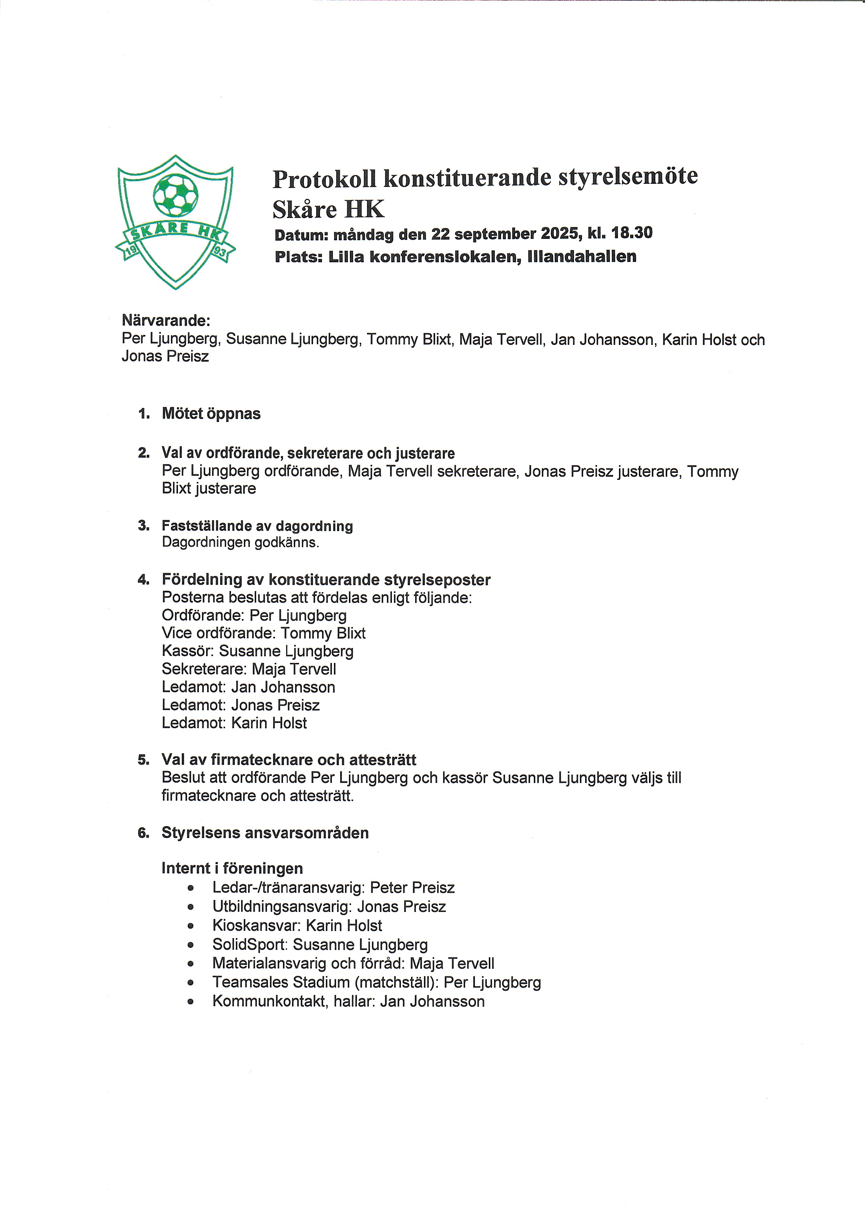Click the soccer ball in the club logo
pos(176,193)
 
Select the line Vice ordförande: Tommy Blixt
pos(263,633)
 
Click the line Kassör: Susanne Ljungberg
pos(258,651)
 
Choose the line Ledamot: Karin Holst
pos(234,723)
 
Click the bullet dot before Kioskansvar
pos(190,926)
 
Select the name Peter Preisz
pos(412,888)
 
